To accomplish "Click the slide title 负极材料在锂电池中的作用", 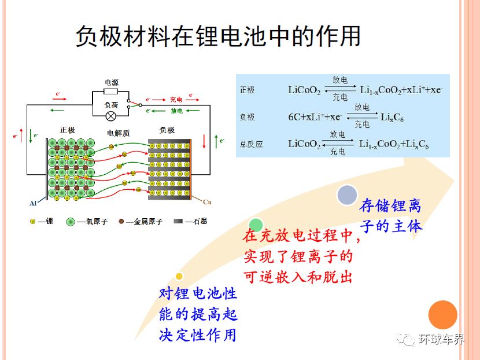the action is click(x=218, y=36).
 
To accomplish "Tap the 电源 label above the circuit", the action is click(x=112, y=82).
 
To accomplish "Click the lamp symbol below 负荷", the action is click(x=111, y=116).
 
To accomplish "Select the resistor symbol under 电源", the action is click(x=111, y=91).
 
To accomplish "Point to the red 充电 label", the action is click(x=176, y=100).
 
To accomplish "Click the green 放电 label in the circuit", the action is click(x=176, y=111).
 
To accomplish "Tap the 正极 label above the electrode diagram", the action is click(x=67, y=130).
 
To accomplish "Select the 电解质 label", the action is click(x=118, y=133).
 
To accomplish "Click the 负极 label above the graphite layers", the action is click(x=167, y=130).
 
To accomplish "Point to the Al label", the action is click(x=33, y=203).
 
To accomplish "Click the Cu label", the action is click(x=207, y=202).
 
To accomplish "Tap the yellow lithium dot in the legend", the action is click(x=33, y=221).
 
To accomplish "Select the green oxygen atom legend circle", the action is click(x=71, y=222).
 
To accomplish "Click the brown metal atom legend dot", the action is click(x=121, y=221).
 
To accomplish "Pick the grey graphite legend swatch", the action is click(x=178, y=221).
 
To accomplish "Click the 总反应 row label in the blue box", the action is click(x=252, y=144).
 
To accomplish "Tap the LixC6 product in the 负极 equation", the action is click(x=392, y=117).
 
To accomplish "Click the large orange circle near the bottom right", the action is click(x=442, y=315).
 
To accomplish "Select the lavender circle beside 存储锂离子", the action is click(x=347, y=195).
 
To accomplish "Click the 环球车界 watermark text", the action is click(x=441, y=339).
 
